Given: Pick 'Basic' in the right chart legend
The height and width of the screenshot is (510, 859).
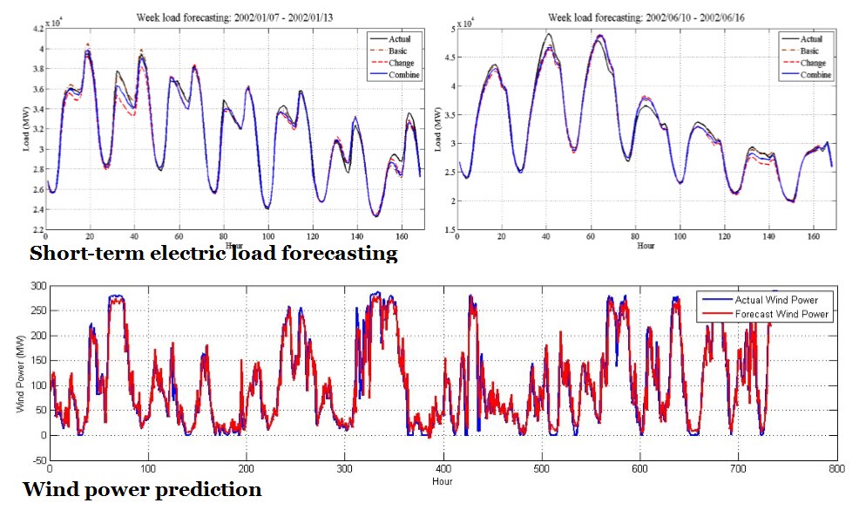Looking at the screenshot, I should pos(811,51).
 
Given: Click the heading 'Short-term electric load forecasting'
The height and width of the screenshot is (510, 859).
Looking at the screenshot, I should pos(213,255).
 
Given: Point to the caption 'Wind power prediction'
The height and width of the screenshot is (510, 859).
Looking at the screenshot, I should pos(142,489).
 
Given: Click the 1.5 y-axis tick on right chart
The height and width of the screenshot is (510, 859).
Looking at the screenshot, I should pos(444,229).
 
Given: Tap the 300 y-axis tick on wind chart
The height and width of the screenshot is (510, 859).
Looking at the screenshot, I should pos(37,286).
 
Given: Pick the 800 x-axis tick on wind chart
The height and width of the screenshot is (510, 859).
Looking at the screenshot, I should pos(837,469).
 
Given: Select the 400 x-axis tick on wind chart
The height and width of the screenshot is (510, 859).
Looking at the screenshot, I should pos(443,469).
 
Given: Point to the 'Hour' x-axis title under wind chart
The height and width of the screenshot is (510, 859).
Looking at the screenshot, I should pos(443,480).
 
